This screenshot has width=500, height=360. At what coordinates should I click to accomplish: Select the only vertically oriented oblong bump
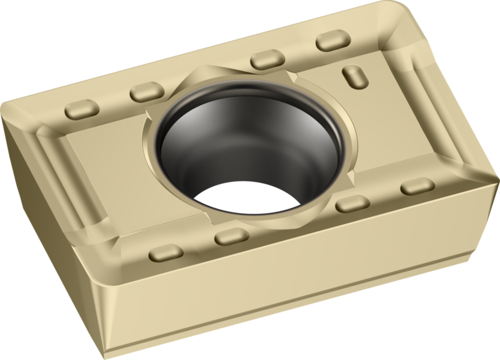(355, 77)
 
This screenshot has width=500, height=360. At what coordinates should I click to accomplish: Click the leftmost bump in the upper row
(82, 109)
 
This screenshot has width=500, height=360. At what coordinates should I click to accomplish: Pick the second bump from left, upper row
(146, 91)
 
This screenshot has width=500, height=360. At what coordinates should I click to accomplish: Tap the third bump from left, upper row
(268, 59)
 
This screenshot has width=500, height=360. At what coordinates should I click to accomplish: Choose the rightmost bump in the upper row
(333, 40)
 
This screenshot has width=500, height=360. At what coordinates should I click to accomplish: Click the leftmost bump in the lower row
(166, 253)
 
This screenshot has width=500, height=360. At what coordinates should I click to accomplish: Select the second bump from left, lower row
(231, 236)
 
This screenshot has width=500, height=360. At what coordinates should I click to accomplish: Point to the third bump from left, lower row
(353, 203)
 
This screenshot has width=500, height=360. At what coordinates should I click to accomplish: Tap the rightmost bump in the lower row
(417, 186)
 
